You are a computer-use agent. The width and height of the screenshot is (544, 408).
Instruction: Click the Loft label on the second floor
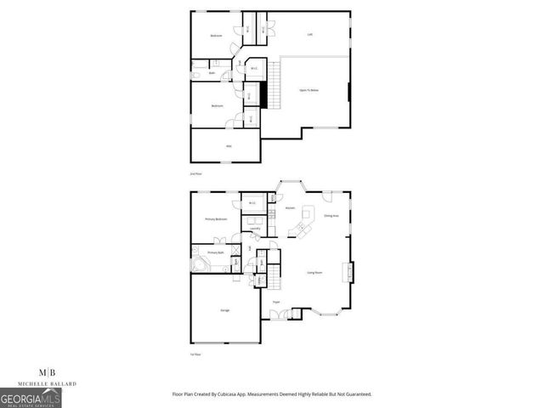point(310,34)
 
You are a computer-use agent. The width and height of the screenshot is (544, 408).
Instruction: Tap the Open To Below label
point(308,89)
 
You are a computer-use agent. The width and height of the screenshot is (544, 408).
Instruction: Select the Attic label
point(228,146)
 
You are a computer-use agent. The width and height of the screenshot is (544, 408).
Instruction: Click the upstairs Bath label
point(212,73)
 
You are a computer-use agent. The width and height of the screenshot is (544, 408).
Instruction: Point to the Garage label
point(225,310)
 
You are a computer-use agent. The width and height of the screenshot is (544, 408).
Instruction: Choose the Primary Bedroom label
point(216,219)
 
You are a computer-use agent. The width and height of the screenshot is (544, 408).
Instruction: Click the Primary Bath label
point(215,252)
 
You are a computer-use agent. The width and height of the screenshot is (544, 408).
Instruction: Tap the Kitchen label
point(290,207)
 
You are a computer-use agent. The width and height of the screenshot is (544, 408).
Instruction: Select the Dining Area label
point(331,216)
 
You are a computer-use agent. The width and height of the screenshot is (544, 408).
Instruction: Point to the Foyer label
point(276,302)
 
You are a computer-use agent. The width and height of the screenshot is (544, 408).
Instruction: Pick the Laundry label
point(254,229)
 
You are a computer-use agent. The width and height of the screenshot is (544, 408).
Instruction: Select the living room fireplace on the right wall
point(348,273)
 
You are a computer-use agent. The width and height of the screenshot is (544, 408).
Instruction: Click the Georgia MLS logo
point(30,398)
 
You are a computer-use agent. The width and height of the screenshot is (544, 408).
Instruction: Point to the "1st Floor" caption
point(195,354)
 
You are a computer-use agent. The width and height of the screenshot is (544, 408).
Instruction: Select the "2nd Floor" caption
point(195,172)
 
